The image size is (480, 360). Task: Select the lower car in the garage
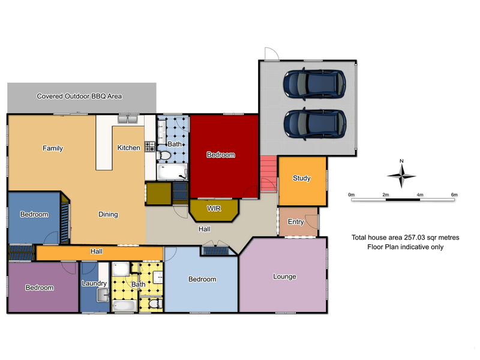click(x=316, y=122)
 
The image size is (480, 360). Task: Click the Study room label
click(x=301, y=178)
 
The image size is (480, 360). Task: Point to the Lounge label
click(x=284, y=277)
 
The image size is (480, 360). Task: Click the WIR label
click(x=214, y=209)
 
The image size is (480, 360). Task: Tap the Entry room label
click(x=296, y=222)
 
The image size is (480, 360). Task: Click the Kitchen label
click(x=128, y=148)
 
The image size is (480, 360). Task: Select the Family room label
click(x=53, y=148)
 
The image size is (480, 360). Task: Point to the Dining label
click(x=109, y=214)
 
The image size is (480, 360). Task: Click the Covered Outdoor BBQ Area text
click(x=79, y=96)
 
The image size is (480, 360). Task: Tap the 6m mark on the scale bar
click(x=454, y=195)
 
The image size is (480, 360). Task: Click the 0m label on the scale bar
click(x=352, y=195)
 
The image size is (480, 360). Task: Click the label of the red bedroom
click(x=221, y=155)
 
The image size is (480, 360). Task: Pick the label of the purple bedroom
click(x=40, y=288)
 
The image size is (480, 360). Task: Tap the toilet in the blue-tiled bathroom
click(x=166, y=156)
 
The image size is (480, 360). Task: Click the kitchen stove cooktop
click(x=150, y=146)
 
